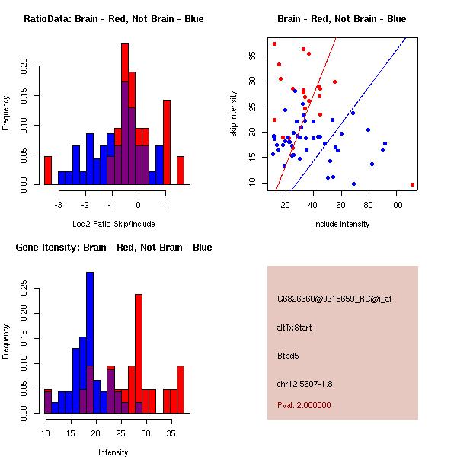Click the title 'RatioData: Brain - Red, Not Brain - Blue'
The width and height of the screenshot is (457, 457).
113,19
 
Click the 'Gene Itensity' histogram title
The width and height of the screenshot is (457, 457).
113,248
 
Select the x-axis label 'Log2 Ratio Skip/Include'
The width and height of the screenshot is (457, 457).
113,224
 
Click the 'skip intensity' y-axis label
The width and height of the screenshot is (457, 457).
235,114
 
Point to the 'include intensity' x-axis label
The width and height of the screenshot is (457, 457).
341,224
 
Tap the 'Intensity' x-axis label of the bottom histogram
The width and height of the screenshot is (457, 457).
113,452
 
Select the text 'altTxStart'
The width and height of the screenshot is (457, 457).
295,328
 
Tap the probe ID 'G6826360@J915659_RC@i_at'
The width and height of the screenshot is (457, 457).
328,299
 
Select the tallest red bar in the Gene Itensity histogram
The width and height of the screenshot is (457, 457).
139,350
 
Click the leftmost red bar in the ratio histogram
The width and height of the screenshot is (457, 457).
48,170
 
